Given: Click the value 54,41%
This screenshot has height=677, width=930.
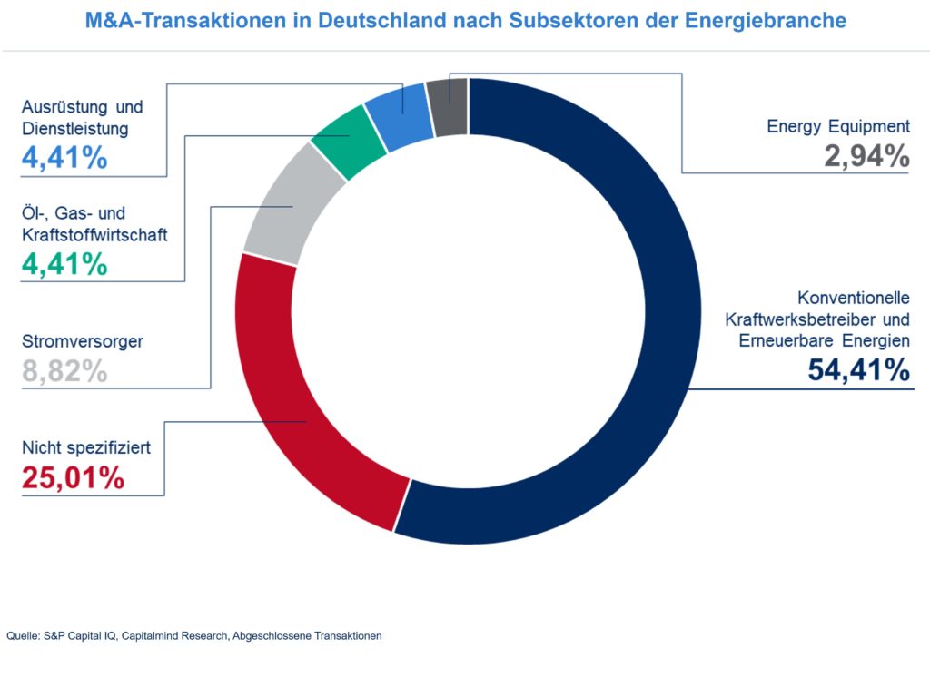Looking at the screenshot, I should (858, 370).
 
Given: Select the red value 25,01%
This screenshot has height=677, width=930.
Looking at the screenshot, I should (73, 477).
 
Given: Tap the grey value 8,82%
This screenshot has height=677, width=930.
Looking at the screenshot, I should (64, 370).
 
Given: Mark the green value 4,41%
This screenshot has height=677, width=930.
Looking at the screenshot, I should (64, 264).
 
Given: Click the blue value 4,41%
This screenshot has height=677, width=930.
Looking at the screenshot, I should (64, 158).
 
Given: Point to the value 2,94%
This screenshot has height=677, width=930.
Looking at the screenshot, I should (866, 157).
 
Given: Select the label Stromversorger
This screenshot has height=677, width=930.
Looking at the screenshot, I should (82, 342).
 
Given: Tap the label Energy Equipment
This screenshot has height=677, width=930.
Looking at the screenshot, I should (837, 127).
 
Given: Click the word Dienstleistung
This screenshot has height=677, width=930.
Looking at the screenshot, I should (74, 129).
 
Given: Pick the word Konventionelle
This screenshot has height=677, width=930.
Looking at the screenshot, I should (854, 298).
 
